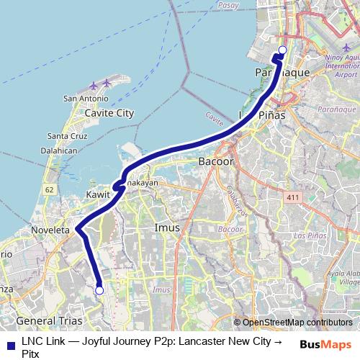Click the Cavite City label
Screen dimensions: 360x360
click(x=109, y=113)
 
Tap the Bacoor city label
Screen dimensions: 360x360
click(x=214, y=163)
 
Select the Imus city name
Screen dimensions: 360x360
click(x=167, y=228)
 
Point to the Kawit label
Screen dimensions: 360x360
click(x=97, y=195)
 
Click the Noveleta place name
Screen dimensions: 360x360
click(x=50, y=230)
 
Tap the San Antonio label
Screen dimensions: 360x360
click(x=86, y=99)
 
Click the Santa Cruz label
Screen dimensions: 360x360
click(x=68, y=136)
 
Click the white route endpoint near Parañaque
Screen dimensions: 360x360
click(x=282, y=50)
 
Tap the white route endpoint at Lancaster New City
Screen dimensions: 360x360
click(x=99, y=290)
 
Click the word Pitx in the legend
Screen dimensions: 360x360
click(x=32, y=354)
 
